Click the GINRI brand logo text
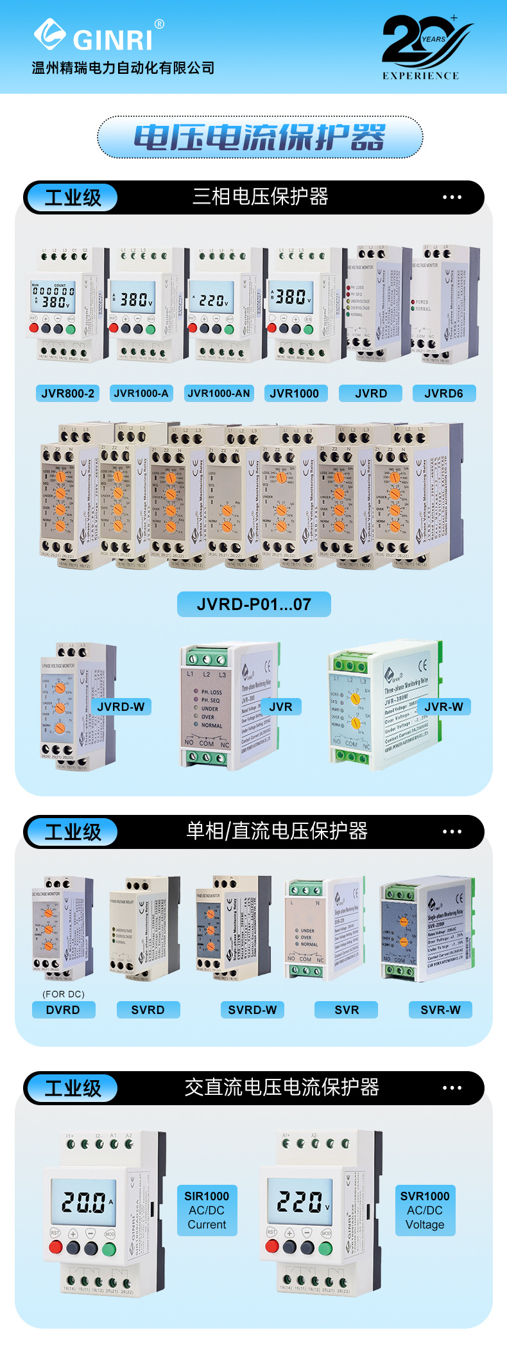(x=112, y=40)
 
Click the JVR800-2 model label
(x=67, y=393)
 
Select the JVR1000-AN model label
(x=219, y=393)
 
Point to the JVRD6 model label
(x=443, y=393)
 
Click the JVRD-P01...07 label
(x=254, y=604)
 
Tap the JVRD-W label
(x=121, y=706)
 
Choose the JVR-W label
(x=443, y=706)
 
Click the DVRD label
(x=63, y=1009)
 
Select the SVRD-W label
(x=252, y=1009)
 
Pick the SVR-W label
(x=440, y=1009)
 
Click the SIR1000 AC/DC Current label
(x=207, y=1210)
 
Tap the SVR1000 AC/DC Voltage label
(x=425, y=1210)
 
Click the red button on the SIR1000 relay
(x=56, y=1247)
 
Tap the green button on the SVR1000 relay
(x=325, y=1247)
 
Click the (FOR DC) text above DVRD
(x=64, y=994)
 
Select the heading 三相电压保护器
(x=261, y=197)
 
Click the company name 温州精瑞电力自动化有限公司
(x=123, y=68)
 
